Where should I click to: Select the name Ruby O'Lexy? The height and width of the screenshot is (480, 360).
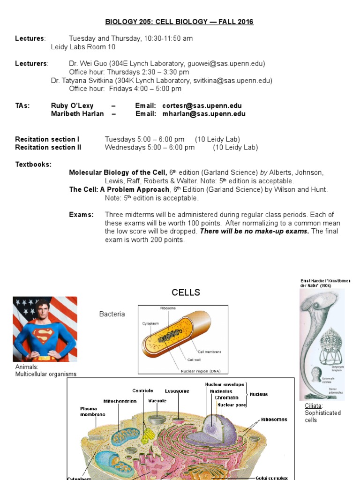[x=72, y=106]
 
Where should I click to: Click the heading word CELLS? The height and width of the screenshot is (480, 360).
[x=186, y=292]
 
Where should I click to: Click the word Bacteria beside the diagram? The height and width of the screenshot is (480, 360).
[x=112, y=314]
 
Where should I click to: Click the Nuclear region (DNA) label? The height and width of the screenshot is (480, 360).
[x=204, y=371]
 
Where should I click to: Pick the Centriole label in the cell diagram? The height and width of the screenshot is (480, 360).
[x=142, y=390]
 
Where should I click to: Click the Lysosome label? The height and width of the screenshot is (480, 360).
[x=177, y=390]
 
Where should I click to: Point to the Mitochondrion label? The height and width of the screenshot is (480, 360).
[x=120, y=401]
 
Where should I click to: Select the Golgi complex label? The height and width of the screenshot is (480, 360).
[x=272, y=478]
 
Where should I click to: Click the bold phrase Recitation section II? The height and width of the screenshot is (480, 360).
[x=48, y=147]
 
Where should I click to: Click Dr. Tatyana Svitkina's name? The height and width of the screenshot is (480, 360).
[x=98, y=81]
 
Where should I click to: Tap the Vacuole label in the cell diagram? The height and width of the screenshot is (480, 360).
[x=157, y=401]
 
